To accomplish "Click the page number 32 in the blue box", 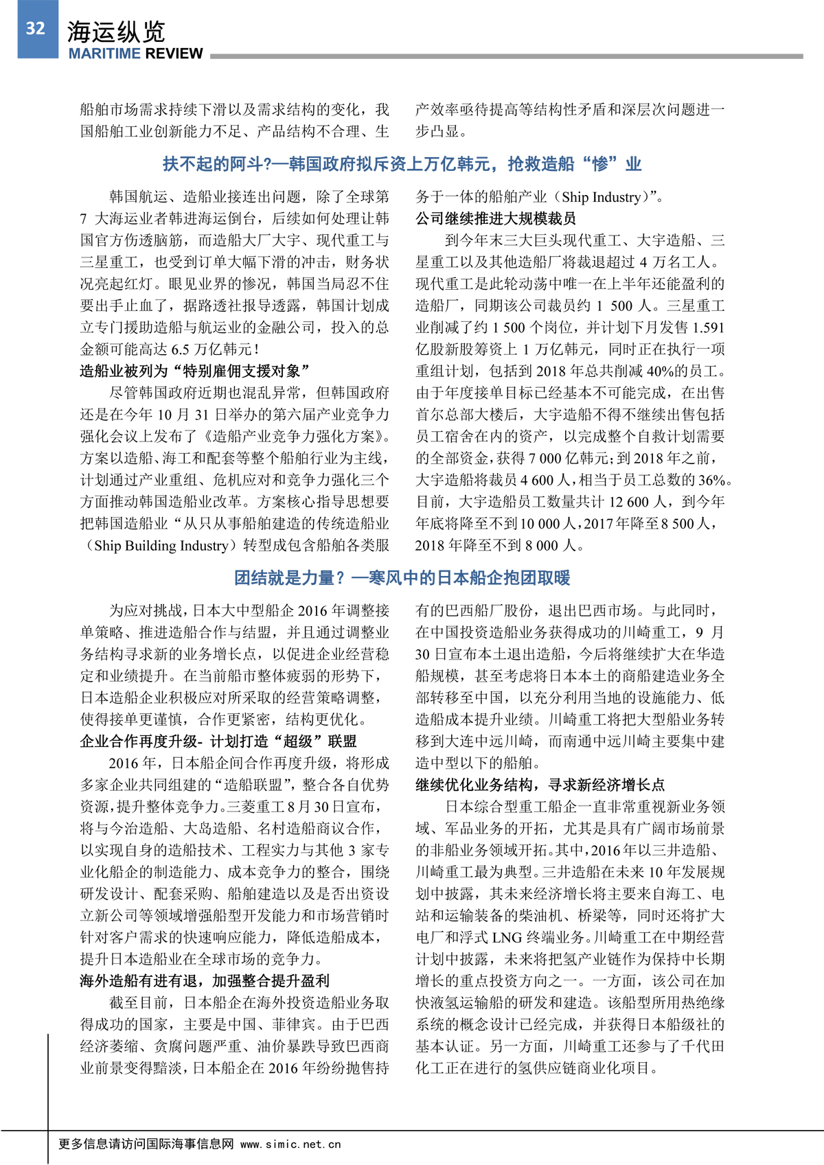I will click(36, 28).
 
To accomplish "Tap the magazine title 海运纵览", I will click(115, 32).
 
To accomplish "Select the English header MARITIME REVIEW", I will click(135, 54).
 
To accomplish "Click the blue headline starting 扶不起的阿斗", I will click(402, 164).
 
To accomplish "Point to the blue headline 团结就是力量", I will click(402, 578).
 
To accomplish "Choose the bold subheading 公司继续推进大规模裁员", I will click(495, 218).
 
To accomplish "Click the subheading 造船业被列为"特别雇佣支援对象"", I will click(194, 371).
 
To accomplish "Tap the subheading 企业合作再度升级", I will click(218, 741).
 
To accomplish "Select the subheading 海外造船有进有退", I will click(204, 981).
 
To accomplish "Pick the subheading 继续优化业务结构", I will click(540, 785).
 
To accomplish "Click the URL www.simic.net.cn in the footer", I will click(290, 1144).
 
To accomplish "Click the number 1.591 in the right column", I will click(707, 327).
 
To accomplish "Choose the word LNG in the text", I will click(507, 938).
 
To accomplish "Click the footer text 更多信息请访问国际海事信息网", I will click(146, 1144).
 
